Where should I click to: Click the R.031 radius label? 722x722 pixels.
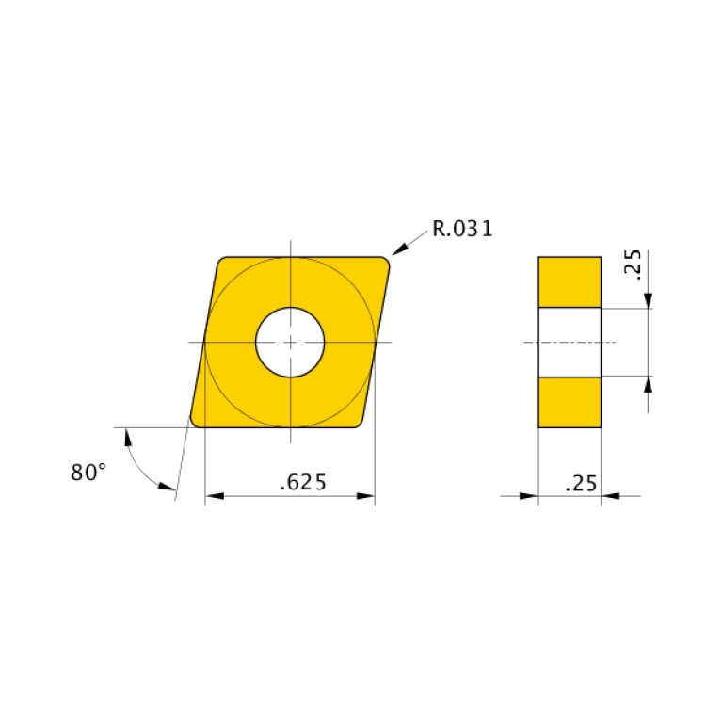pos(462,229)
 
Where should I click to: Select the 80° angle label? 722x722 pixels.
pos(88,473)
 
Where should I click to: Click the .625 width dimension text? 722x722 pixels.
pos(303,483)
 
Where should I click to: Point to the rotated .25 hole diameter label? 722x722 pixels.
pos(632,266)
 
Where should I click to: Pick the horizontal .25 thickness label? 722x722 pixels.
pos(580,484)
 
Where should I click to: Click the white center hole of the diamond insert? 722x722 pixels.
pos(291,341)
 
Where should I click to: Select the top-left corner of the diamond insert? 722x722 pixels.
pos(222,262)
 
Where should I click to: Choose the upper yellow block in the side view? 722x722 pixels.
pos(570,281)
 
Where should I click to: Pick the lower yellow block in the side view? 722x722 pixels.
pos(570,402)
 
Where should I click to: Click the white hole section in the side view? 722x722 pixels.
pos(570,342)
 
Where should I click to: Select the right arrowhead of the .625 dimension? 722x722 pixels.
pos(366,495)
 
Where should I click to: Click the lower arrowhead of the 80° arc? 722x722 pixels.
pos(167,487)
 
